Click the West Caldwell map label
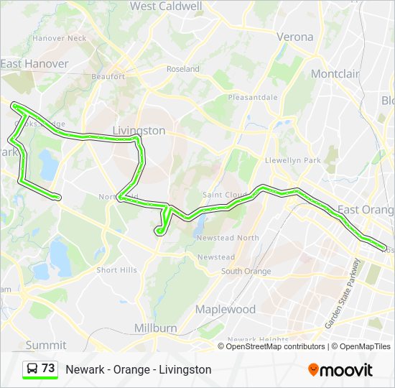pos(166,6)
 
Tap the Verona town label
pos(295,37)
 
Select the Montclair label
pos(335,74)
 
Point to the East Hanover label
pos(34,64)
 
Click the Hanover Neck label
pos(60,38)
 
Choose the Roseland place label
pos(183,69)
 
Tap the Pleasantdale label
pos(253,97)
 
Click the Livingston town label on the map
pos(139,131)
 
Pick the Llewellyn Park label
pos(293,160)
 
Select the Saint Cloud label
pos(225,195)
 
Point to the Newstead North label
pos(228,238)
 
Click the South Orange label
pos(246,271)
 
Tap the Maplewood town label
pos(226,309)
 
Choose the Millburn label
pos(156,328)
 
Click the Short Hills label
pos(117,270)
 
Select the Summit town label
pos(46,345)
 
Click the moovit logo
pos(340,369)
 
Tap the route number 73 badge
pos(40,369)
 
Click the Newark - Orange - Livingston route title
pos(139,369)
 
